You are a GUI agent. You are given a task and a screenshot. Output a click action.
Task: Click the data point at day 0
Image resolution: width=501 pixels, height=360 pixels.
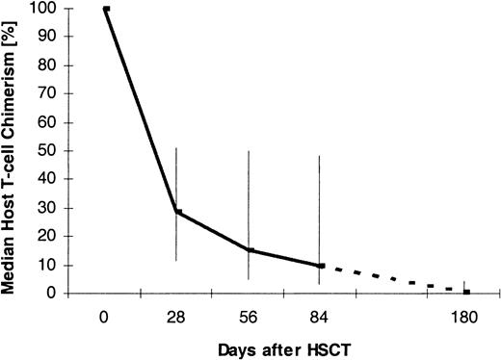coord(106,9)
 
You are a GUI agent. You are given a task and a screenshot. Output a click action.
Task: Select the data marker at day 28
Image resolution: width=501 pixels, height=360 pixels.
coord(176,212)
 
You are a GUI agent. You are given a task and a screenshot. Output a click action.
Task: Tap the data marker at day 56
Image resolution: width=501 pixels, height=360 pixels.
coord(249,250)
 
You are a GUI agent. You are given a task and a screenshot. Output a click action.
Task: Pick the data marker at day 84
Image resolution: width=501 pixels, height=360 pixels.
coord(321,266)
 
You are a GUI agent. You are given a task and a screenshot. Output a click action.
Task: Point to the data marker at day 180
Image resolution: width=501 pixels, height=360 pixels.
coord(466,292)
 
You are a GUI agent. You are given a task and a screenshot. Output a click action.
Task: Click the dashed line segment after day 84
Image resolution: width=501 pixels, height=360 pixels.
coord(395,282)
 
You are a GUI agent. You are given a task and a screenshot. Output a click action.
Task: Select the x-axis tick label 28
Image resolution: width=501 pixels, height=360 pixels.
coord(177,315)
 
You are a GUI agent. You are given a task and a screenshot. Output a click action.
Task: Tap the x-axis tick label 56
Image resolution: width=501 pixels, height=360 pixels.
coord(249,315)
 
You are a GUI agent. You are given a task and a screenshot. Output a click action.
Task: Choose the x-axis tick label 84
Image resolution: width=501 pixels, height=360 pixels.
coord(321,315)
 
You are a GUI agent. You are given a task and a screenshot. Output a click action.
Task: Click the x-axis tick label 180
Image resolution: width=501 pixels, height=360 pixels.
coord(465,315)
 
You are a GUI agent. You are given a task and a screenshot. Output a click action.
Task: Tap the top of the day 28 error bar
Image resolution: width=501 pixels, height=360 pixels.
coord(176,147)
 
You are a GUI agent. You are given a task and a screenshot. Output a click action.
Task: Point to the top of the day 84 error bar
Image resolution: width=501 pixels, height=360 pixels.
coord(320,156)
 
